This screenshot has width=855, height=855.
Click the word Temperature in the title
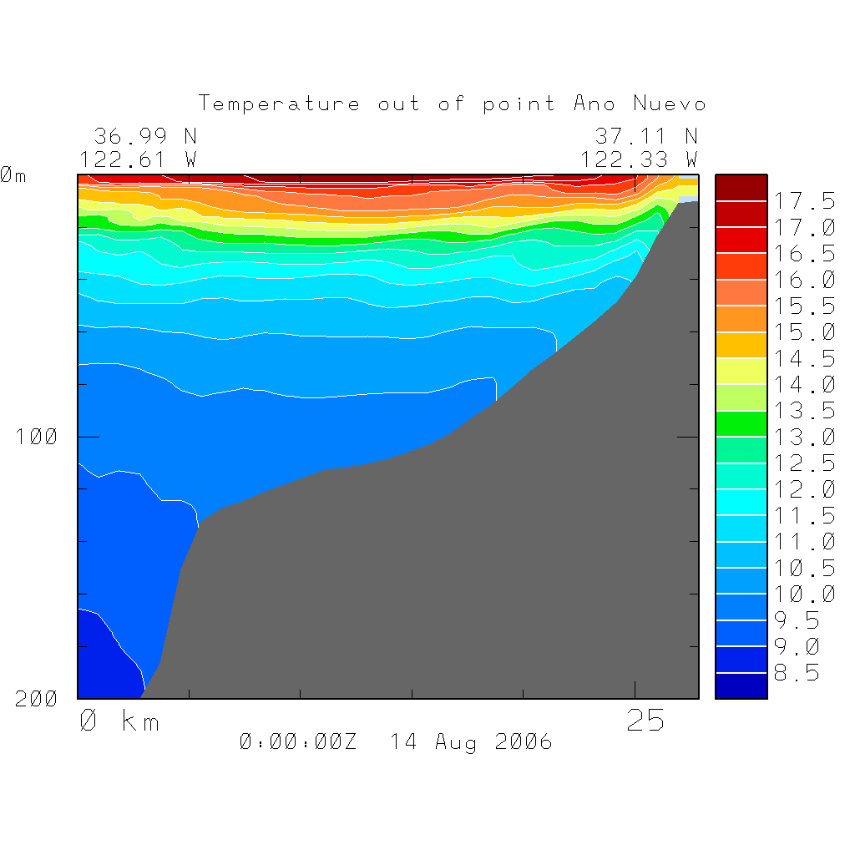(280, 104)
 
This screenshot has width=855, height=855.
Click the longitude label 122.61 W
(139, 159)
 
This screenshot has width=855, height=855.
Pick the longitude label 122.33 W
(640, 159)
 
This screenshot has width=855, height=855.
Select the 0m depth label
(13, 175)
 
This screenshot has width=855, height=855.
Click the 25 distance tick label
(645, 721)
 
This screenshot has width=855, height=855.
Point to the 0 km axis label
(119, 721)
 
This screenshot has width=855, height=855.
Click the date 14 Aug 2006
(471, 741)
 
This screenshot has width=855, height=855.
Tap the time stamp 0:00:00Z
(298, 741)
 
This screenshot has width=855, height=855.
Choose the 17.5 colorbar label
(802, 201)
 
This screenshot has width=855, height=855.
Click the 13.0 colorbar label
(802, 437)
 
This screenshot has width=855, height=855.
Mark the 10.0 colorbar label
(802, 594)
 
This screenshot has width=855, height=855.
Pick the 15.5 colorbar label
(802, 306)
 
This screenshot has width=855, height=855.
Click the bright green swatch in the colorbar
(741, 423)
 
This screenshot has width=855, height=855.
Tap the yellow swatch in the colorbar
(741, 371)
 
